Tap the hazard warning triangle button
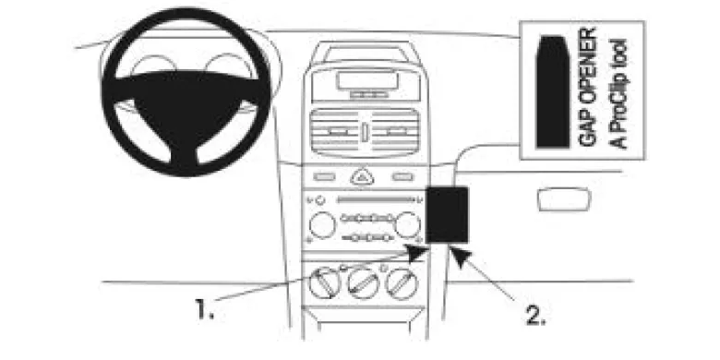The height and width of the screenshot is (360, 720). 362,177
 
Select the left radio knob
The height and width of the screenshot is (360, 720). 322,225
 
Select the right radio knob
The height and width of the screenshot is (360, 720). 407,225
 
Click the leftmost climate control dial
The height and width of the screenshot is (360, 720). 324,282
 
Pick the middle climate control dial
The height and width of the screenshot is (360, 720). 364,282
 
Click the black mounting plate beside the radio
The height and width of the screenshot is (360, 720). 448,214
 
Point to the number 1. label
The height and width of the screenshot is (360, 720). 205,308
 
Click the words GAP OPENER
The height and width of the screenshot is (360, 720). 587,88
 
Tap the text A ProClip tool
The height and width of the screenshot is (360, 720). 618,93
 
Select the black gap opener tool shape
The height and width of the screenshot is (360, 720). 553,91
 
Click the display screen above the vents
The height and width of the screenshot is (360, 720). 366,81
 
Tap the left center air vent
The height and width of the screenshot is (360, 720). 335,132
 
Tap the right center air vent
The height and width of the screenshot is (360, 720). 395,132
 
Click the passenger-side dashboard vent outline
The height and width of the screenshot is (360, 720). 563,199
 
